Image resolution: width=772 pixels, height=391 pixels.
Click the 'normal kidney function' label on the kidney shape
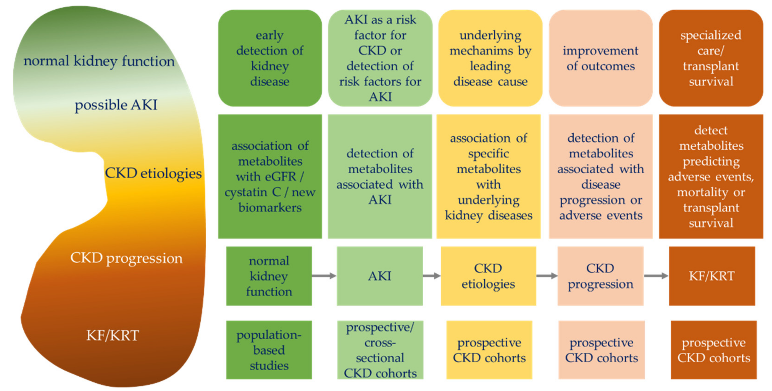point(99,61)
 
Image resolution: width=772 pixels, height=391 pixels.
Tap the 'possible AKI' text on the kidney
point(116,105)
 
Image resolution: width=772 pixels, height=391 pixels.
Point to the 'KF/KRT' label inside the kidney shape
point(113,335)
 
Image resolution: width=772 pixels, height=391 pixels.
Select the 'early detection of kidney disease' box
point(270,58)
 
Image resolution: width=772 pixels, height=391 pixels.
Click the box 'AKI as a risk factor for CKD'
point(380,58)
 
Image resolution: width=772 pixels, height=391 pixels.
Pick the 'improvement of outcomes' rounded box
point(600,58)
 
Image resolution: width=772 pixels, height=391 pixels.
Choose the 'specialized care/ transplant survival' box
point(711,58)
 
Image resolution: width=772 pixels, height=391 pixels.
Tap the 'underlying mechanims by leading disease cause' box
point(490,58)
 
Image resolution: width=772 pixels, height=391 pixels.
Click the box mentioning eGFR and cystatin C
point(270,177)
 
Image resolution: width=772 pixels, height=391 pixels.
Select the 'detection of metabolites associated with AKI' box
point(380,177)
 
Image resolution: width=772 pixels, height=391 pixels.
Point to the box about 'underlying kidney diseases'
point(489,177)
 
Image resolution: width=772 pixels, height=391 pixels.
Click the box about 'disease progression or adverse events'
point(600,177)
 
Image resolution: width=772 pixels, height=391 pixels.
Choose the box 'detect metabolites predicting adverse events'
point(711,177)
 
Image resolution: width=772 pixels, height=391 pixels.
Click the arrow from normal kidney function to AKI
point(324,276)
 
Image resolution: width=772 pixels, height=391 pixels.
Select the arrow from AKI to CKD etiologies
point(431,276)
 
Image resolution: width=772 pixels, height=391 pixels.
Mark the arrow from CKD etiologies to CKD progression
point(547,276)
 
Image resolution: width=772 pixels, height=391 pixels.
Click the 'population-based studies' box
point(269,350)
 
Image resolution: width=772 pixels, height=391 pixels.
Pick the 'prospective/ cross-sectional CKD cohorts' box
point(380,350)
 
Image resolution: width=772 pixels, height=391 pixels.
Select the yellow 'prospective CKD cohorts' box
point(489,350)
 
